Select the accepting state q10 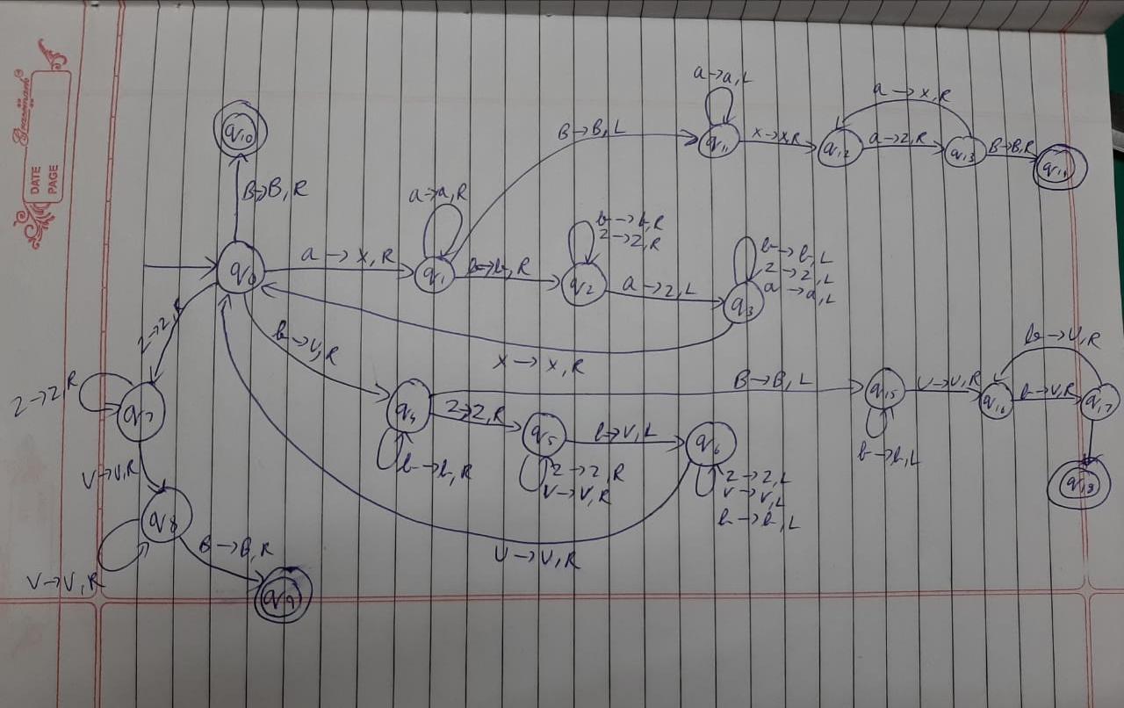[x=238, y=134]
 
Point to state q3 [x=743, y=303]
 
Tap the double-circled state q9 [x=282, y=602]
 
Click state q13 [x=964, y=153]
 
